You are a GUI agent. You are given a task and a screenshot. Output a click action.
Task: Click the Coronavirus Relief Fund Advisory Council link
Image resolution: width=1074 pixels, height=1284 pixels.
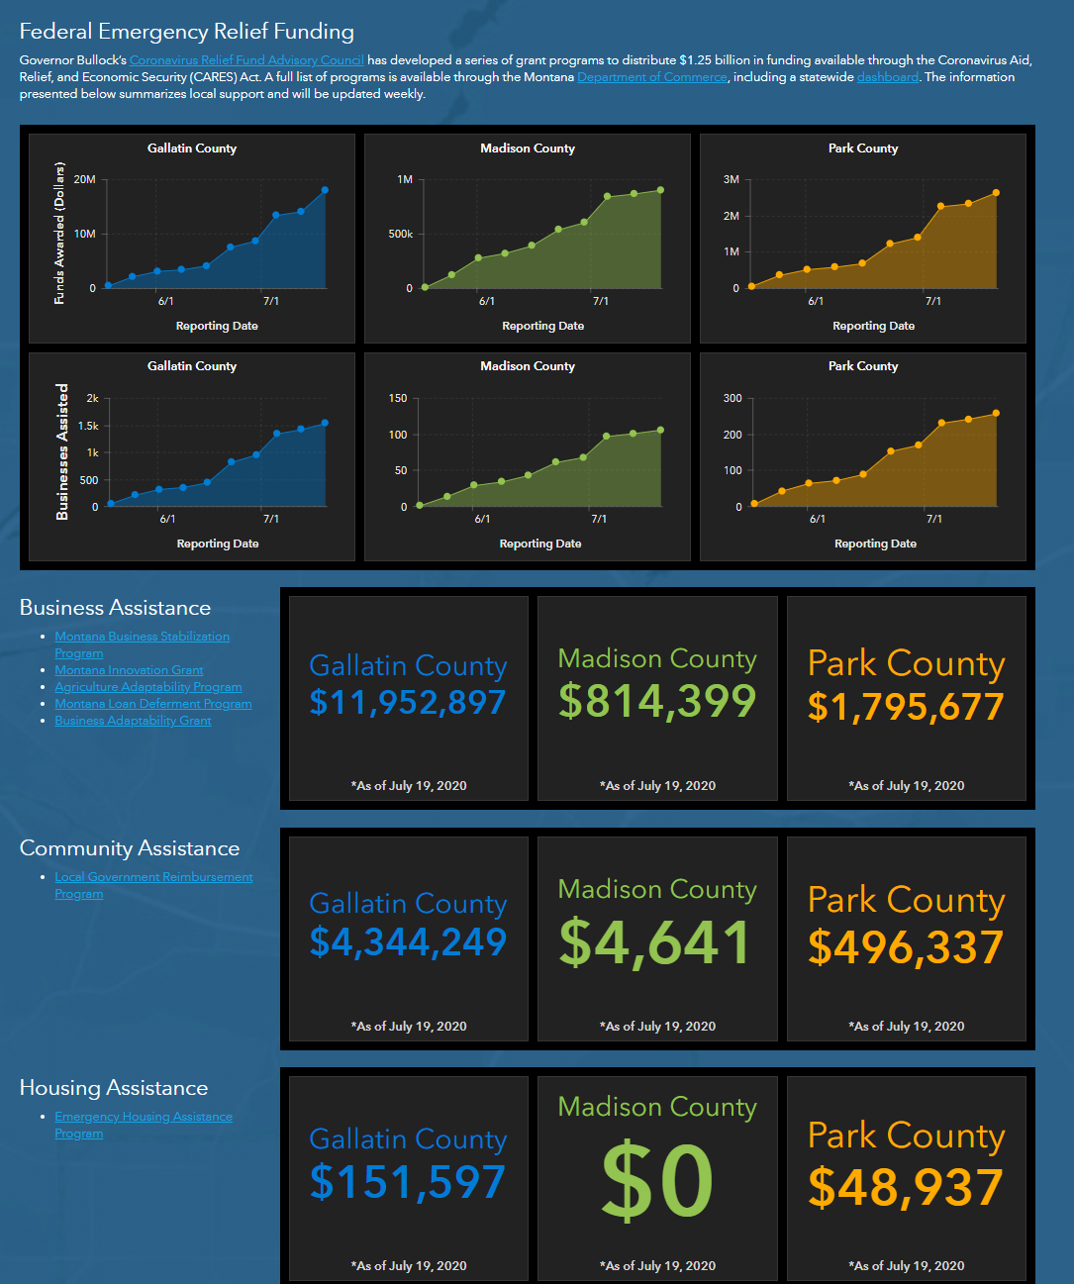(246, 60)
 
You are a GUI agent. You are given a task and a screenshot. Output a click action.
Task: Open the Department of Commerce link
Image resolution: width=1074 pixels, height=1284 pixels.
(652, 77)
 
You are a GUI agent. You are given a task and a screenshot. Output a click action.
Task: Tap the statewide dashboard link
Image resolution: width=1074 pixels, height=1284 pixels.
(888, 77)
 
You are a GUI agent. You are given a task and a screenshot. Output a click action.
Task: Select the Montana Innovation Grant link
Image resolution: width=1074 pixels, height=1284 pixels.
(129, 670)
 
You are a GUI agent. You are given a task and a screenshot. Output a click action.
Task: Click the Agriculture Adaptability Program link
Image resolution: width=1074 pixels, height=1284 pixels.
(148, 687)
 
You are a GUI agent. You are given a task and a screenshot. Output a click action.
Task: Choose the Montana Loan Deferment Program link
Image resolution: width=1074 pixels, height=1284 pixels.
(153, 704)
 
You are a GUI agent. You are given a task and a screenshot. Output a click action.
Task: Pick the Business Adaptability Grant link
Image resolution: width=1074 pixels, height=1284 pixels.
(133, 721)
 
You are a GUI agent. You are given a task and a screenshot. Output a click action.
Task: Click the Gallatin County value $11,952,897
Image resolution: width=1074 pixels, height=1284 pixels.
(408, 702)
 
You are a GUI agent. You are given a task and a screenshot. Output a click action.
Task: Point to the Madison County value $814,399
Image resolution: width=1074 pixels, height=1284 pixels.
(657, 701)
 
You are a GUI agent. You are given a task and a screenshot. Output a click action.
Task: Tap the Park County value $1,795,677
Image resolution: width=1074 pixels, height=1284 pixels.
(906, 706)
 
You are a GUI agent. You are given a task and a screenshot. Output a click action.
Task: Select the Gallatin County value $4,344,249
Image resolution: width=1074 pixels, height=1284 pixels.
(408, 941)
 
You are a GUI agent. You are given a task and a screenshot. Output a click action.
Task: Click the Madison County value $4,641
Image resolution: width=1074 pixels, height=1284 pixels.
(654, 942)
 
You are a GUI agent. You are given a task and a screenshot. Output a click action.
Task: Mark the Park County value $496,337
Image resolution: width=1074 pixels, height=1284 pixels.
(906, 946)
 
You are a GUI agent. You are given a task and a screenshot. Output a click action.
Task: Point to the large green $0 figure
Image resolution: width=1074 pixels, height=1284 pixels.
(657, 1181)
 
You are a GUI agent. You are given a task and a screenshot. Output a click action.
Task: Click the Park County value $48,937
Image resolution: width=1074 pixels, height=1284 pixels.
(906, 1187)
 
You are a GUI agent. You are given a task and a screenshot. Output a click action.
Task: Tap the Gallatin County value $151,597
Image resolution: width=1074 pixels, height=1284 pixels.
(408, 1182)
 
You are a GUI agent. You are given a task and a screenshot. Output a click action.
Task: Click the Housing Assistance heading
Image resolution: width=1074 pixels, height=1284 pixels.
(114, 1088)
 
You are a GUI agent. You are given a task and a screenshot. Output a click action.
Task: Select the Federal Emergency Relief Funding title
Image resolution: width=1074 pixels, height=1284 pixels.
(187, 32)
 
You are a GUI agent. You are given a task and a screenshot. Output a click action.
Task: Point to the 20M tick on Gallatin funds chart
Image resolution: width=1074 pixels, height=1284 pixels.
(85, 179)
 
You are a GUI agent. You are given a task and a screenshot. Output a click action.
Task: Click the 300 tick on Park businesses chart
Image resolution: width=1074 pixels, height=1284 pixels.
(732, 398)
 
